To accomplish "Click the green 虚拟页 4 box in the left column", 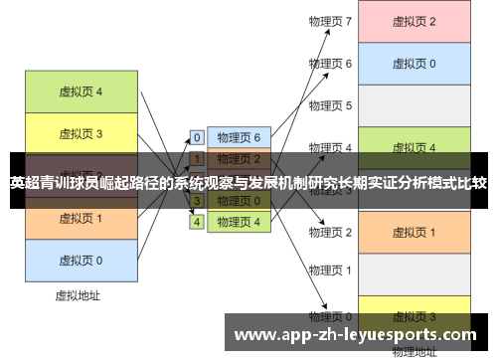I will (x=80, y=91).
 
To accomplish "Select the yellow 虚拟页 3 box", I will (x=80, y=132).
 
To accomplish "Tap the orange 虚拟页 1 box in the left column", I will (x=80, y=218).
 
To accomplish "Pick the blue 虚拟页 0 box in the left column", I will (x=80, y=260).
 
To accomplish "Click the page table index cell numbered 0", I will (x=197, y=137).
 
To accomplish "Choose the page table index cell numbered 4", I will (x=197, y=222).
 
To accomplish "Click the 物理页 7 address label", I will (x=330, y=21).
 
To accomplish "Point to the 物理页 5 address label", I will (x=330, y=105).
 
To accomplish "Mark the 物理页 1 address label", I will (x=330, y=270).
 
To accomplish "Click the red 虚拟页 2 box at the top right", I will (x=414, y=21).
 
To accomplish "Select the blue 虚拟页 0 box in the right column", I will (x=414, y=64).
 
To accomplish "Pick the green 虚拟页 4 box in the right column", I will (x=414, y=147).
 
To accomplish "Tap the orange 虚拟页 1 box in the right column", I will (x=414, y=232).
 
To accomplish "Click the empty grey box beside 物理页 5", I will (x=414, y=105).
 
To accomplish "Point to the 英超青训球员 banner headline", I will (x=248, y=183).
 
